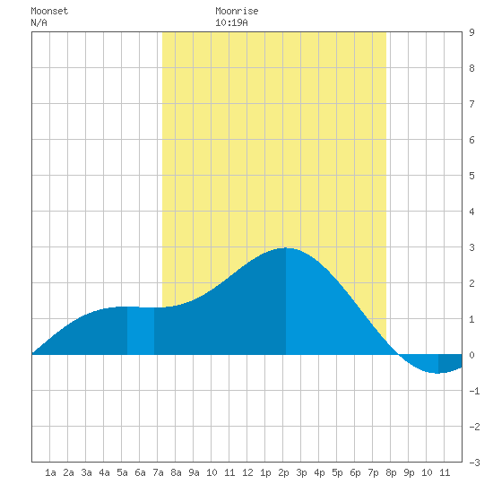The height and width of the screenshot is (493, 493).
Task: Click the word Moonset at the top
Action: (x=49, y=11)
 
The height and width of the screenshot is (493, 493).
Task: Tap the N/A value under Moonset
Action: (x=39, y=22)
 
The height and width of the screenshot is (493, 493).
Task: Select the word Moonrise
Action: (x=237, y=11)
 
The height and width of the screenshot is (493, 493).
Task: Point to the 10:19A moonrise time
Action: (x=231, y=22)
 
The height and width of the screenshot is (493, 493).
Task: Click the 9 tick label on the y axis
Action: (x=471, y=32)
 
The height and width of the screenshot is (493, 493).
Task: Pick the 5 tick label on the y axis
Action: (x=471, y=176)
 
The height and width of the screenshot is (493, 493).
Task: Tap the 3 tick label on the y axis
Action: (x=471, y=247)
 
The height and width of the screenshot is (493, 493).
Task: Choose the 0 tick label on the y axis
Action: (x=471, y=355)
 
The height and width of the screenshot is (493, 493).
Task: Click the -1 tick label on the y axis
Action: (x=474, y=391)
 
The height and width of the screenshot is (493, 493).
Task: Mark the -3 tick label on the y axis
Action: (x=474, y=463)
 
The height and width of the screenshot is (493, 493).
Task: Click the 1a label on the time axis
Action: (x=50, y=472)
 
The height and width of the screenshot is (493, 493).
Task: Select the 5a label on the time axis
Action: (x=122, y=472)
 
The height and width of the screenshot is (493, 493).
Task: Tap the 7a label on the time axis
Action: (x=158, y=472)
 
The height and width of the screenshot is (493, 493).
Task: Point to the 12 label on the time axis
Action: (x=247, y=472)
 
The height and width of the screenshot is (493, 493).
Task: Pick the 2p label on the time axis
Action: (x=283, y=472)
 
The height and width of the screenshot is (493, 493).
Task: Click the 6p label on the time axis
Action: (x=355, y=472)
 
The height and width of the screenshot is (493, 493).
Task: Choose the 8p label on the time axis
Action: (x=391, y=472)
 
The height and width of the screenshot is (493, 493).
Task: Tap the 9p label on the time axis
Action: (x=409, y=472)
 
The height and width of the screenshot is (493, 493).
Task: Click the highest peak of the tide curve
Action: (x=286, y=248)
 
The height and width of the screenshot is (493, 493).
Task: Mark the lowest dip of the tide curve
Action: (x=437, y=373)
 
